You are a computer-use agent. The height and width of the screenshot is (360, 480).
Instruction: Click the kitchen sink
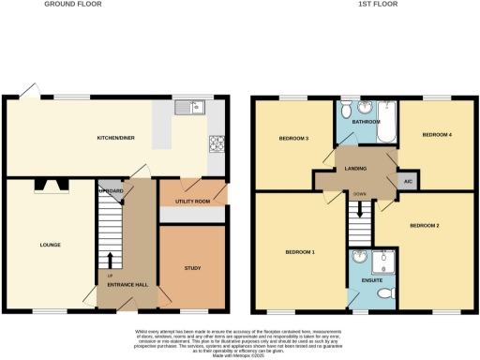pos(194,108)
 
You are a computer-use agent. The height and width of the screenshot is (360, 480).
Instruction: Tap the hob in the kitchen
pos(217,143)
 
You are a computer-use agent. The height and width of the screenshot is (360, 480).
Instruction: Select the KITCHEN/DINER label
pos(116,139)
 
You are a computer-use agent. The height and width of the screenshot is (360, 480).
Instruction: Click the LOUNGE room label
pos(50,246)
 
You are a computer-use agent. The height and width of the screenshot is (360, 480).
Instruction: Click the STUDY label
pos(191,269)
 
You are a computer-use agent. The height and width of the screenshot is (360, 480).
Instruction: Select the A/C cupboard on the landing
pos(407,182)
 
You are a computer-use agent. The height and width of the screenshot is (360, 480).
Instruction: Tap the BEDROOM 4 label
pos(436,136)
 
